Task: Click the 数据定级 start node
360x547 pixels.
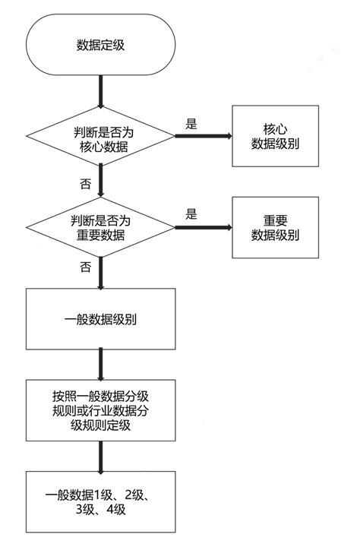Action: pyautogui.click(x=100, y=46)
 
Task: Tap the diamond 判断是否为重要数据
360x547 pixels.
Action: pyautogui.click(x=100, y=227)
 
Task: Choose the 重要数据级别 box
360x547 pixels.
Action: pyautogui.click(x=275, y=226)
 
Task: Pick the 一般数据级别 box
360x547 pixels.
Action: pyautogui.click(x=100, y=319)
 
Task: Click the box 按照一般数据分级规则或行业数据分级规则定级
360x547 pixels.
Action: pyautogui.click(x=100, y=411)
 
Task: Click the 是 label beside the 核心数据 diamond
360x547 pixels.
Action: pyautogui.click(x=191, y=122)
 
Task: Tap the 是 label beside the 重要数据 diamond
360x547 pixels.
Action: pyautogui.click(x=191, y=213)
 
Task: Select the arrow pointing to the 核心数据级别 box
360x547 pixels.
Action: pyautogui.click(x=204, y=137)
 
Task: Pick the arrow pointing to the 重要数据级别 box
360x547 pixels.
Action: pyautogui.click(x=204, y=226)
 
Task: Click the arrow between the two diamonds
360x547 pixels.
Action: pyautogui.click(x=100, y=182)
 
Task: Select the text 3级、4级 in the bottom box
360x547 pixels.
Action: pyautogui.click(x=100, y=511)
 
